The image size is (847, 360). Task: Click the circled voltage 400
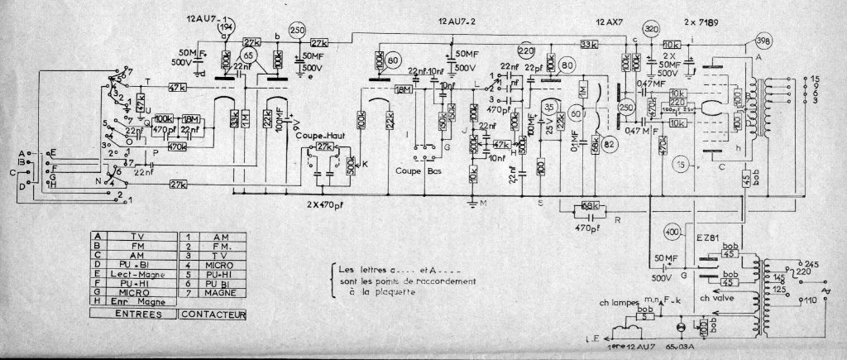[x=672, y=233]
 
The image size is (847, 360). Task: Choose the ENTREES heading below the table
[x=140, y=314]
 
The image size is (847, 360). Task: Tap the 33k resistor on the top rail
[x=589, y=43]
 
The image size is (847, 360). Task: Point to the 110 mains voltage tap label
[x=810, y=300]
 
